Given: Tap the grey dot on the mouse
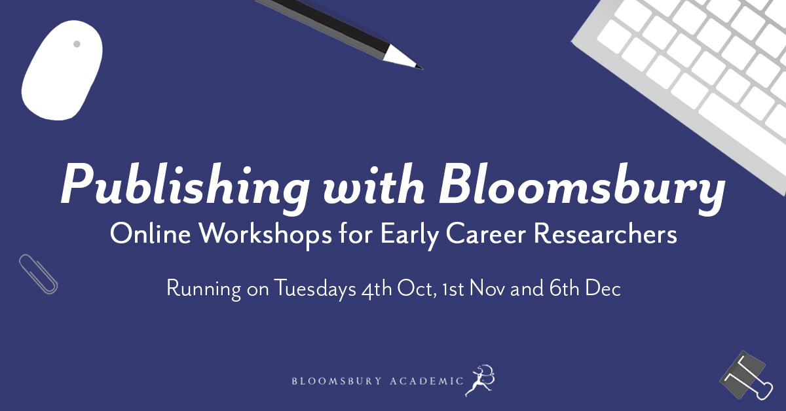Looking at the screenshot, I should (77, 45).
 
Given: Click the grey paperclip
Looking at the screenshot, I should (38, 274).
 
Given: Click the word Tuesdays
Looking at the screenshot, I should (315, 288).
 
